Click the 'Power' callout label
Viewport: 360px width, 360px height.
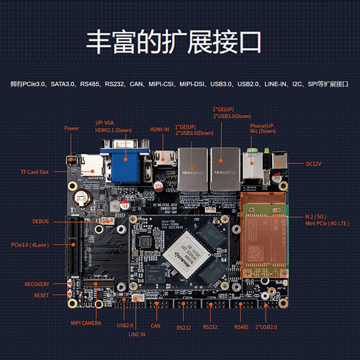click(72, 128)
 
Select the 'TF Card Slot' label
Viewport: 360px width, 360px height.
click(35, 172)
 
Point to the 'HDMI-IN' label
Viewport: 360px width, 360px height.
click(159, 130)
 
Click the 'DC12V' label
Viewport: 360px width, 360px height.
click(314, 164)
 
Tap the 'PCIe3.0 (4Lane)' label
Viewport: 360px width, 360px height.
click(30, 245)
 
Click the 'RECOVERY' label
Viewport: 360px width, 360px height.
click(37, 284)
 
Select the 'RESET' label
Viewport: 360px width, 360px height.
click(41, 296)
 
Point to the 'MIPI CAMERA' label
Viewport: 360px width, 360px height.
click(86, 323)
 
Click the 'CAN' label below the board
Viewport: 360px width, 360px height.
click(155, 326)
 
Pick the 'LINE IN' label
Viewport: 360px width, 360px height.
click(137, 334)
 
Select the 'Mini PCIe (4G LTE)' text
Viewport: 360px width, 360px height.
click(327, 223)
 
